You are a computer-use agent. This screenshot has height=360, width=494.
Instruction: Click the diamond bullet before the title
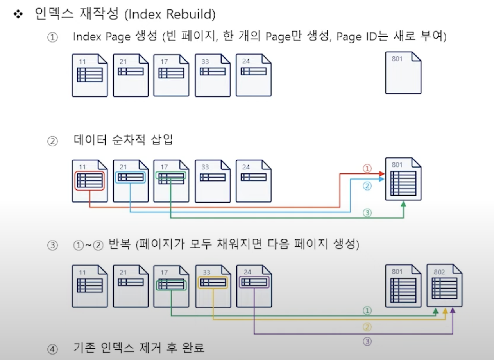click(18, 14)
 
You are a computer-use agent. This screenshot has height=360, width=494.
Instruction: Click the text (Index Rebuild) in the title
click(170, 14)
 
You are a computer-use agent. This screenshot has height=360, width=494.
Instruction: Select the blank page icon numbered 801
click(403, 73)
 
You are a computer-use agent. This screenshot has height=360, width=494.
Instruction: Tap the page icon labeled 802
click(444, 285)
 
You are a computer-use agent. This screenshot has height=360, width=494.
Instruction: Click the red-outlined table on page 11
click(90, 180)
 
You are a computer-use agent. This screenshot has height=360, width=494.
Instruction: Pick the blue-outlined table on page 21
click(131, 177)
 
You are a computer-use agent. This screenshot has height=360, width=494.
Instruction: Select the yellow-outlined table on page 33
click(213, 283)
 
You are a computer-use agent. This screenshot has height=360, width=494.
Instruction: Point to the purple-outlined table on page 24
click(254, 283)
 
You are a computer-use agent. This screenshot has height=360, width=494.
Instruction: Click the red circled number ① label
click(367, 169)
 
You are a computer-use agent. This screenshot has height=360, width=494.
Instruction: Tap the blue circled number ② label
click(367, 186)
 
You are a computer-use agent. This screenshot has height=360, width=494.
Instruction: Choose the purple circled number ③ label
click(367, 341)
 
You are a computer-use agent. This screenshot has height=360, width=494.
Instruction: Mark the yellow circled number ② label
click(367, 327)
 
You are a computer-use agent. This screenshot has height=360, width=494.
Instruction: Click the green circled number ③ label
click(367, 213)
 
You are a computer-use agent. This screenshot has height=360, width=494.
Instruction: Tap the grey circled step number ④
click(52, 348)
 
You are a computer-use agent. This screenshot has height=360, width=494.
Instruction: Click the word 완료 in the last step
click(193, 347)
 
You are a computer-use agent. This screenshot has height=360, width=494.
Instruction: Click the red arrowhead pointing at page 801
click(382, 174)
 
